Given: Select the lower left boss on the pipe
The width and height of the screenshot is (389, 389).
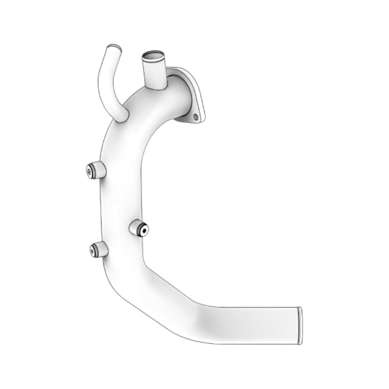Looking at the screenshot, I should (x=98, y=250).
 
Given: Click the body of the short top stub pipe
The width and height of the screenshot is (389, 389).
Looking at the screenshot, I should (x=155, y=73).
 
